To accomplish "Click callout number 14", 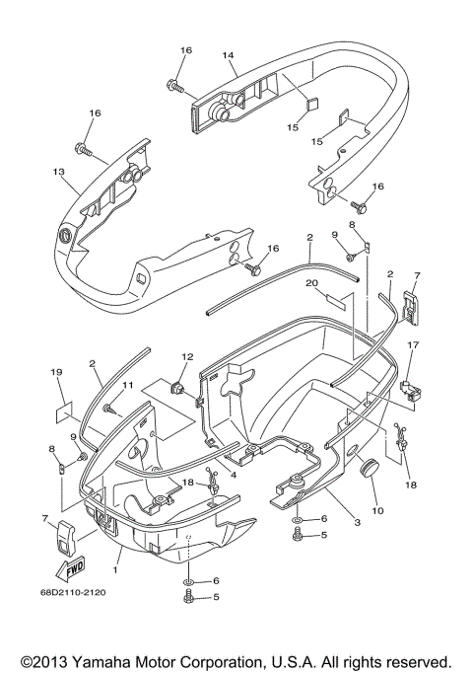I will click(x=229, y=56).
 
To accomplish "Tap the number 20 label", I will click(x=311, y=282).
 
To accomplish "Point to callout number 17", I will click(x=413, y=344).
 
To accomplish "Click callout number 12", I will click(x=187, y=355).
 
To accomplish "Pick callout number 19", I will click(x=56, y=373).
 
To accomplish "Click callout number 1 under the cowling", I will click(x=118, y=570).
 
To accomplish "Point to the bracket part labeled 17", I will click(x=412, y=385).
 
